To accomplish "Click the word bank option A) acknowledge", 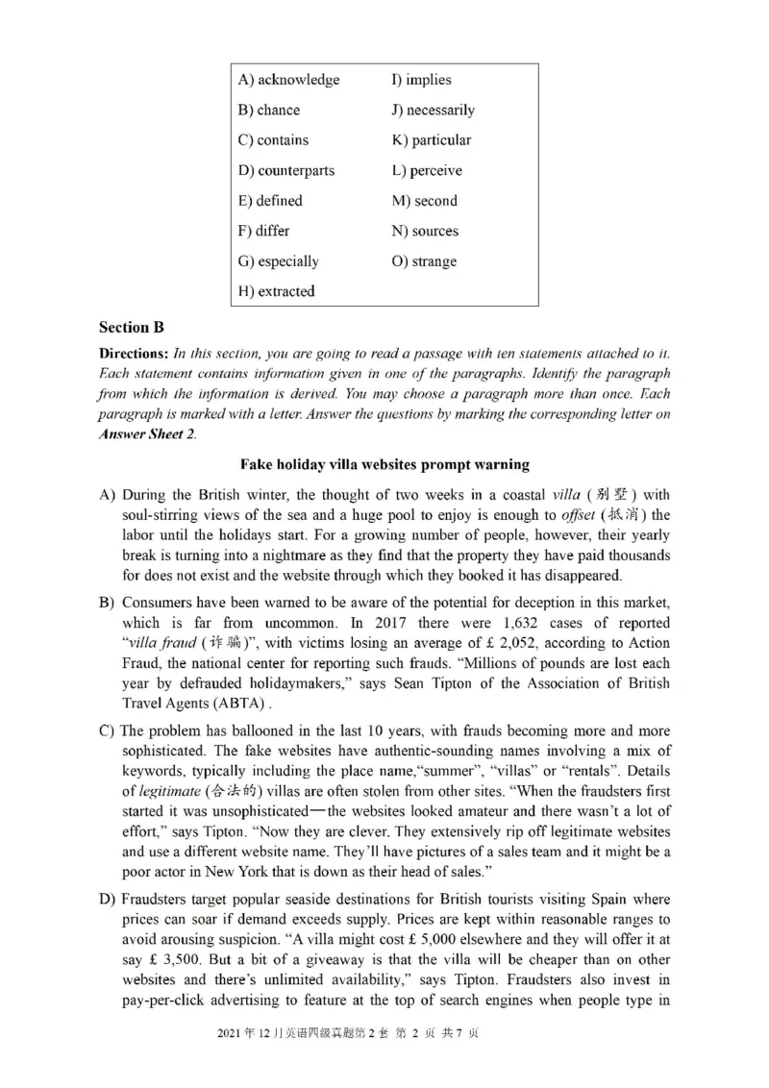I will point(288,80).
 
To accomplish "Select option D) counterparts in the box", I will point(286,170).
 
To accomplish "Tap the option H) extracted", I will point(276,291).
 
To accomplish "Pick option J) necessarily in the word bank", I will point(433,110).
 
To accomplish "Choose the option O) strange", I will point(424,261).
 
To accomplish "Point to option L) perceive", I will point(427,170).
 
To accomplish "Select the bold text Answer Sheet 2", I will point(147,433).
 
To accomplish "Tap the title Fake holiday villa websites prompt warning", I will point(384,464).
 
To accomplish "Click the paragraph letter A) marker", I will point(109,495).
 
